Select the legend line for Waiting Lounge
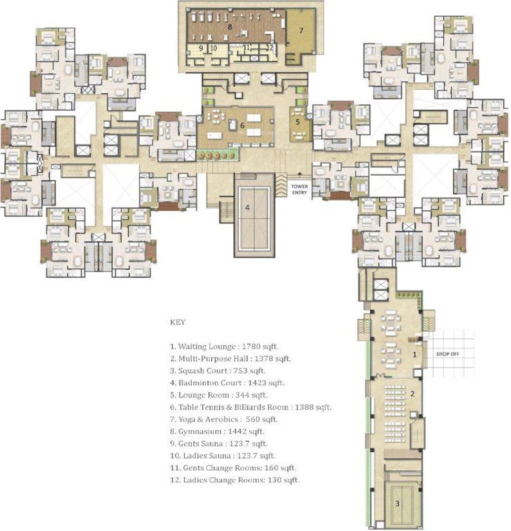[x=225, y=346]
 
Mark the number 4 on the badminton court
[x=246, y=206]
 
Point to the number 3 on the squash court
[x=397, y=503]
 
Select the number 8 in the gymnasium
[x=228, y=26]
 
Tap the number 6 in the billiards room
[x=242, y=125]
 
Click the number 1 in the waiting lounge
[x=415, y=353]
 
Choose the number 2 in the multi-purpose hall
[x=411, y=393]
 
